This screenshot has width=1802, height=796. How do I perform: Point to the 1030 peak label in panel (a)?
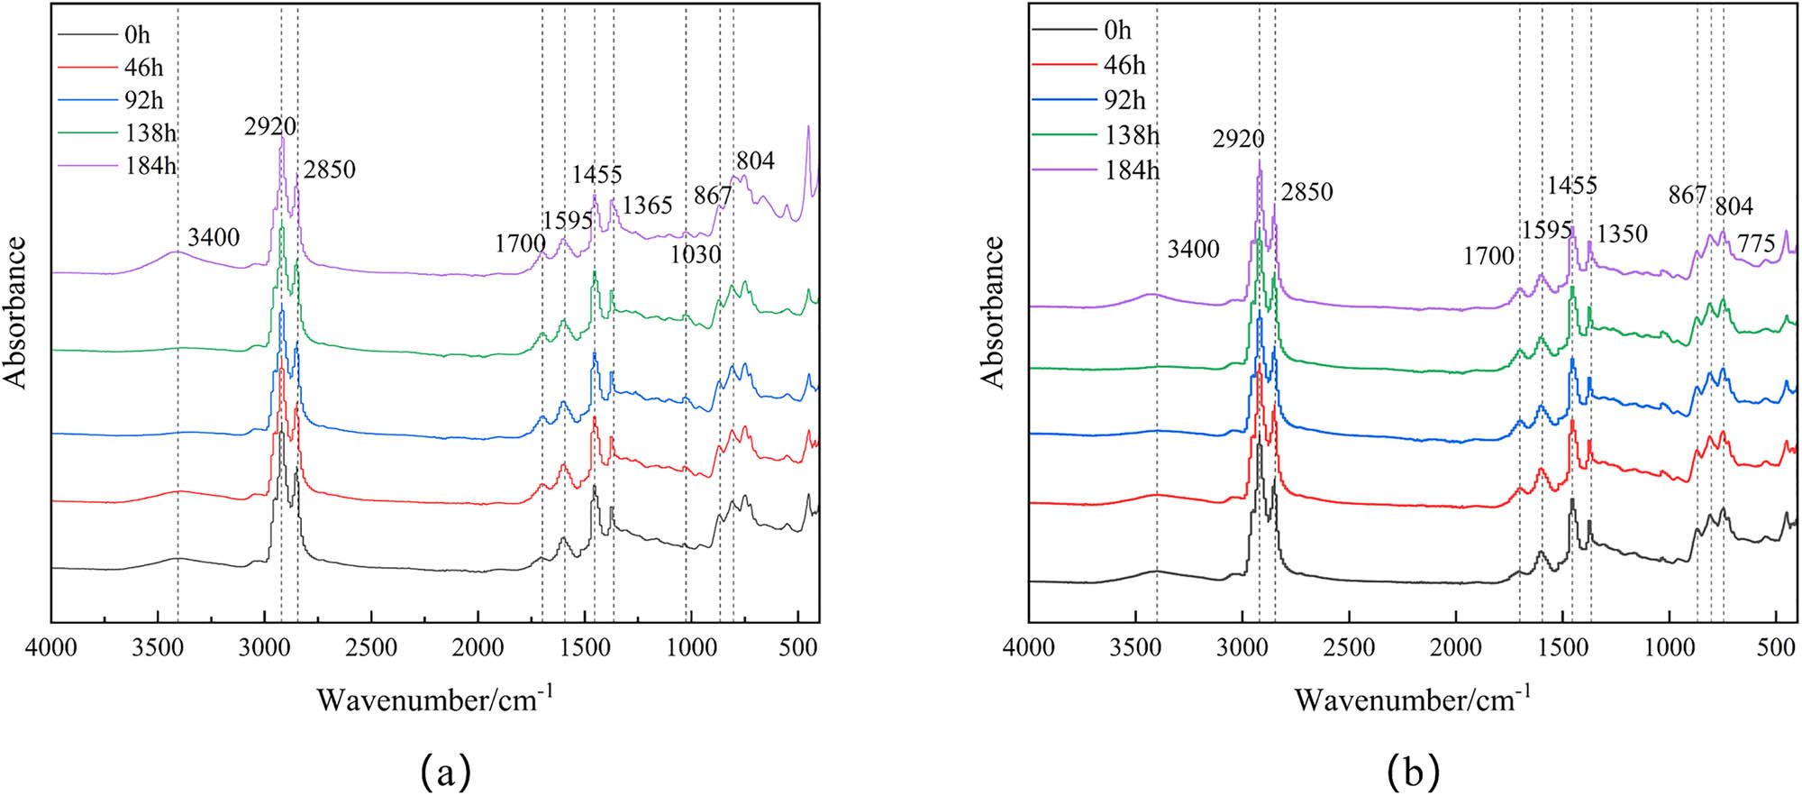click(695, 255)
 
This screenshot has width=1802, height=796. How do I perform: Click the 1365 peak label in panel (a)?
click(647, 206)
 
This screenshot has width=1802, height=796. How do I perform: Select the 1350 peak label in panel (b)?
click(1622, 234)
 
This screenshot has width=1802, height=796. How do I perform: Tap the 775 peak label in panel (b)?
click(1756, 243)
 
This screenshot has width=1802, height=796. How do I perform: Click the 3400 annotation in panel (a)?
click(214, 238)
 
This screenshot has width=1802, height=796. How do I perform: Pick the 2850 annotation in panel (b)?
click(1306, 192)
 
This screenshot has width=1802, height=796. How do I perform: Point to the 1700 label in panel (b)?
click(1488, 257)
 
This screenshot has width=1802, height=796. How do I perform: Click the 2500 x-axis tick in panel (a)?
click(371, 647)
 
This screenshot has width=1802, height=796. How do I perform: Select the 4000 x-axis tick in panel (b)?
click(1029, 647)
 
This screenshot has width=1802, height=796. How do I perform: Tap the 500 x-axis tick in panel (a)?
click(797, 647)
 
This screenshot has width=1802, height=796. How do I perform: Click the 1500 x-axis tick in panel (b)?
click(1562, 647)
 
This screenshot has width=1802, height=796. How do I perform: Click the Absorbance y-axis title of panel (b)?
click(993, 312)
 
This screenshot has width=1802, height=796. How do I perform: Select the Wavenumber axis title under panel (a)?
click(435, 699)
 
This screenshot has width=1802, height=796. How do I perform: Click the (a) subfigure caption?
click(445, 772)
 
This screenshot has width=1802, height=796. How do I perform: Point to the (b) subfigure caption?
click(1414, 772)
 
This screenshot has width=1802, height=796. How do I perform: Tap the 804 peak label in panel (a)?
click(755, 161)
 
